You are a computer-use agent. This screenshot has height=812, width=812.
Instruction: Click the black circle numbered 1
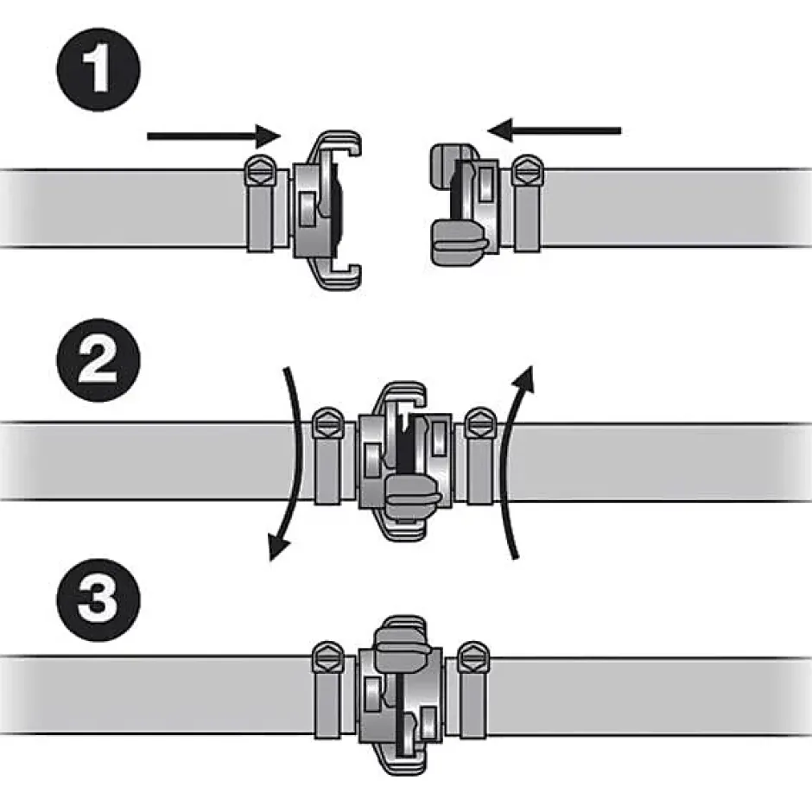(98, 69)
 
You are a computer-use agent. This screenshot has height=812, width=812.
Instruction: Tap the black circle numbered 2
(98, 360)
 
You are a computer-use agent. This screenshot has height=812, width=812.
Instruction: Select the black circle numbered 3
(98, 599)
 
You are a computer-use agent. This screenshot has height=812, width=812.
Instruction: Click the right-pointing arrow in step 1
(214, 136)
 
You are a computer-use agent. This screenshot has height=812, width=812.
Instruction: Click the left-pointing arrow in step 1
(554, 130)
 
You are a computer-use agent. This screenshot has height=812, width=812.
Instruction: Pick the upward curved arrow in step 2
(518, 462)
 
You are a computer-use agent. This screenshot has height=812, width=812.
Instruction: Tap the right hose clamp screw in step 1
(528, 170)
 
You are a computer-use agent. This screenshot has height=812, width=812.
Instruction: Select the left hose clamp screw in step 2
(329, 423)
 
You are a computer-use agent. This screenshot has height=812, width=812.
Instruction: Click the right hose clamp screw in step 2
(481, 423)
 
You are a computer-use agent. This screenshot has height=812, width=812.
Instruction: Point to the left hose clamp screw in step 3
(328, 657)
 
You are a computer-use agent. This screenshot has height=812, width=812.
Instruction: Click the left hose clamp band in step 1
(261, 218)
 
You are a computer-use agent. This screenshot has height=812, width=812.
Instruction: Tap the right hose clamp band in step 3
(473, 704)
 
